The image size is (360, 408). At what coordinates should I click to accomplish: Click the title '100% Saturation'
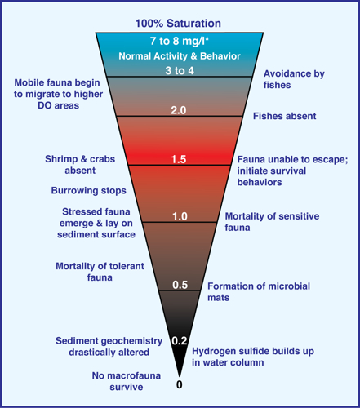coord(178,24)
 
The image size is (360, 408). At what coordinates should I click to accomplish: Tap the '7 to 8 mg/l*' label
coord(180,41)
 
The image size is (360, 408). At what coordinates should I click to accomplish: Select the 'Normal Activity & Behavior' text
coord(180,56)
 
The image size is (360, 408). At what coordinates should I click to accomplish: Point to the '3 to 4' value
coord(180,71)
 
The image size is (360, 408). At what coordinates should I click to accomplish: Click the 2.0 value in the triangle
coord(179,110)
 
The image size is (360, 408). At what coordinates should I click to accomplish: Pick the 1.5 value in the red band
coord(179,159)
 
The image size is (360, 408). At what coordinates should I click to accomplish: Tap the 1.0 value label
coord(180,216)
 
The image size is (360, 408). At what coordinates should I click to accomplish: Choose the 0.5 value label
coord(180,285)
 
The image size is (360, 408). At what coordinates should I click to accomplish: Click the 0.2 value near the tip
coord(180,340)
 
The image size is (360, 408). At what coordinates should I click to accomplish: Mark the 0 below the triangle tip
coord(180,384)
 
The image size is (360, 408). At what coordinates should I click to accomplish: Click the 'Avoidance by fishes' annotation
coord(294,79)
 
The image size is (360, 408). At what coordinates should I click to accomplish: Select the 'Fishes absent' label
coord(285,116)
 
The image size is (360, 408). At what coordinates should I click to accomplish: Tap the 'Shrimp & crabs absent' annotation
coord(80,165)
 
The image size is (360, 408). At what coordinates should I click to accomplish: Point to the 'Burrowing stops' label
coord(89,191)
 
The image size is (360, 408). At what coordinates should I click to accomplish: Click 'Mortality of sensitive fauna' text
coord(272,222)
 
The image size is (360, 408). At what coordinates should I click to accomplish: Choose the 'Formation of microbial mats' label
coord(259,292)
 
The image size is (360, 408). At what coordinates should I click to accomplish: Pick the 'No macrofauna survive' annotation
coord(127,381)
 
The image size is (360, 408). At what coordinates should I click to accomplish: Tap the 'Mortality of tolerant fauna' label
coord(100,272)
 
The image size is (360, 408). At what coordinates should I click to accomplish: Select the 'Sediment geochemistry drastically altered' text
coord(109,346)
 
